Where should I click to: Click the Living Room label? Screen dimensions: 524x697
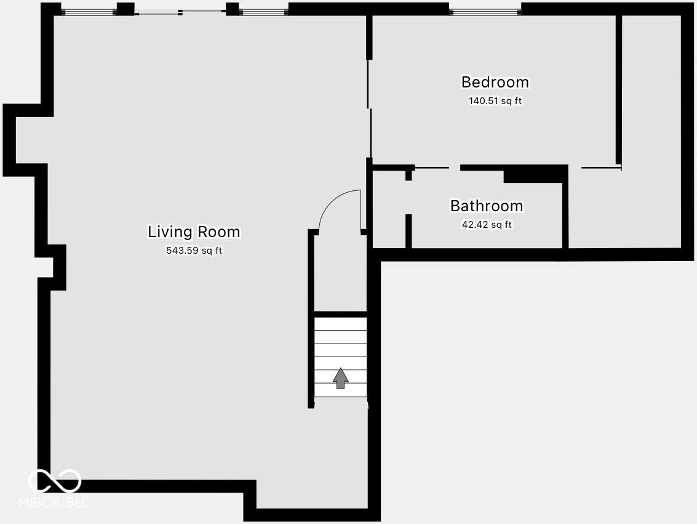click(194, 232)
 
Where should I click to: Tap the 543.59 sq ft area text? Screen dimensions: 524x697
click(194, 251)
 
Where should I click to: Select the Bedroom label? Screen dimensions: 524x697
click(495, 82)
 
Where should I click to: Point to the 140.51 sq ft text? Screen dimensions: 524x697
click(495, 101)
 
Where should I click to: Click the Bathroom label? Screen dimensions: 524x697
click(487, 206)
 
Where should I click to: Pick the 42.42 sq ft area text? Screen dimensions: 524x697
click(487, 225)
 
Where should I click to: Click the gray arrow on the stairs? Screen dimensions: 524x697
click(340, 379)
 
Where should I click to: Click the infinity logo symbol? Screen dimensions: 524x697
click(55, 481)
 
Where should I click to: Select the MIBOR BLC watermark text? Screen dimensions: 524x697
click(55, 502)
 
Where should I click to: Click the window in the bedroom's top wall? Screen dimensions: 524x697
click(485, 10)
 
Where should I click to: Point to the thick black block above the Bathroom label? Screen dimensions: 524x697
click(534, 175)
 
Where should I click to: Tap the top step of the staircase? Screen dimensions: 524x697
click(340, 324)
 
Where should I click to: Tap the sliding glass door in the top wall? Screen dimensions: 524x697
click(180, 12)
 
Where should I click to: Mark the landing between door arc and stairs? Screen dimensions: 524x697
click(340, 274)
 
